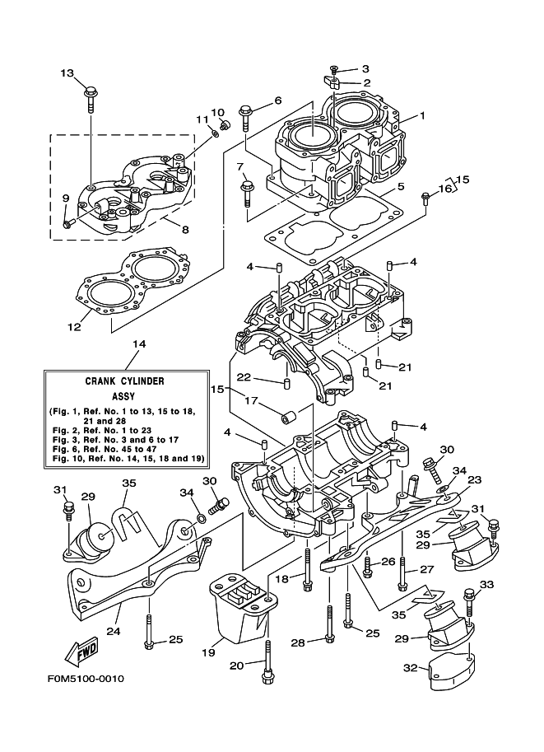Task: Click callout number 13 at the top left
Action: coord(67,72)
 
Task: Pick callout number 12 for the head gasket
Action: coord(73,326)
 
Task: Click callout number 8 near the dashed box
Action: coord(184,230)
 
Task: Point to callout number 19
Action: coord(207,652)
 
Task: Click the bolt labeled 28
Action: coord(329,626)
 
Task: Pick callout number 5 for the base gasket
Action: coord(400,186)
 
